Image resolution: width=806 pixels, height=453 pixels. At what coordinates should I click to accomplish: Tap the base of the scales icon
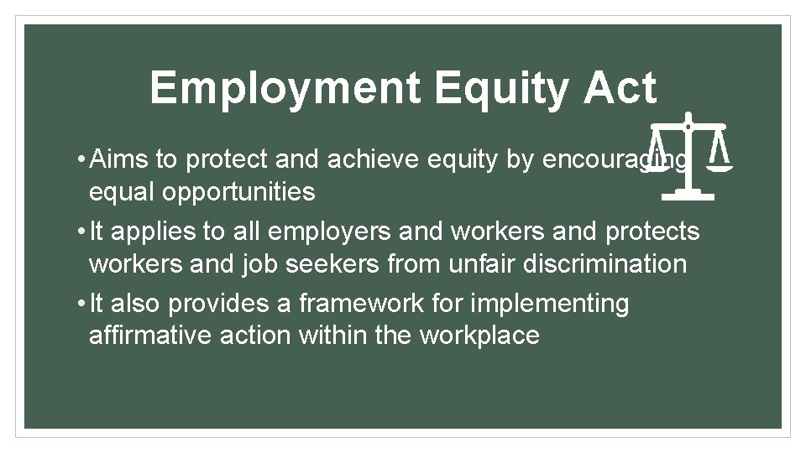click(688, 196)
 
